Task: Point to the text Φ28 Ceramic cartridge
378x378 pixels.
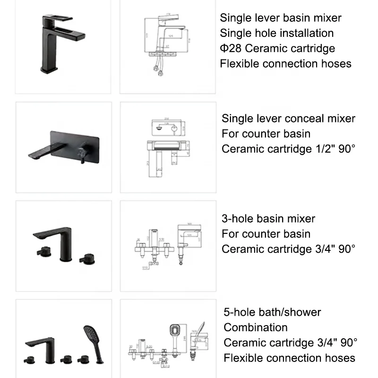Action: pyautogui.click(x=277, y=48)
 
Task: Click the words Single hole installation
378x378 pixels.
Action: pyautogui.click(x=276, y=33)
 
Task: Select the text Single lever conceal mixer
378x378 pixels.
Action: pyautogui.click(x=288, y=119)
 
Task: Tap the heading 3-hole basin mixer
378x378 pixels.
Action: pyautogui.click(x=268, y=219)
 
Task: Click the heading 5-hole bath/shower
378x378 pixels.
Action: pyautogui.click(x=272, y=312)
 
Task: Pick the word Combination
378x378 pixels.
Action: pyautogui.click(x=255, y=327)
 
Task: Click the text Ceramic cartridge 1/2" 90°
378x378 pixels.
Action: pyautogui.click(x=288, y=149)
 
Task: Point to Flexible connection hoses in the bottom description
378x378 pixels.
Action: pyautogui.click(x=289, y=358)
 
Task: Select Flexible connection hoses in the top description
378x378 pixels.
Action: pyautogui.click(x=285, y=63)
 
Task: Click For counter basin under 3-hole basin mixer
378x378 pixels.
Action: pyautogui.click(x=266, y=234)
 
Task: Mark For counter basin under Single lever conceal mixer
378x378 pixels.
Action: pyautogui.click(x=266, y=134)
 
